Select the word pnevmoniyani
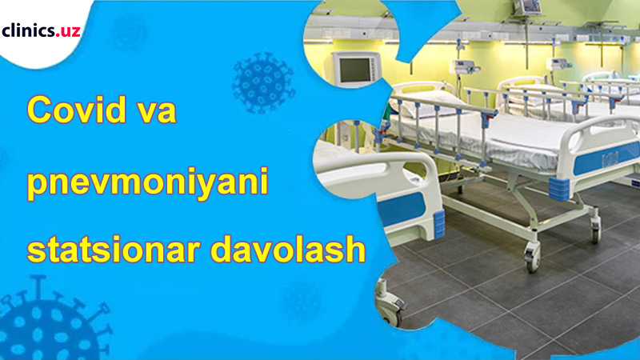(147, 182)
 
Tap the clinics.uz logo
(41, 30)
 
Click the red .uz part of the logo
(69, 32)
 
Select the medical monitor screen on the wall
(356, 69)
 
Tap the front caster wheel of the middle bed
(532, 257)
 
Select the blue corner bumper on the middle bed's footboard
(559, 190)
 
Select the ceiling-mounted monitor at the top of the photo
(526, 7)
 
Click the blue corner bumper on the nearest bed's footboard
(439, 224)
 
